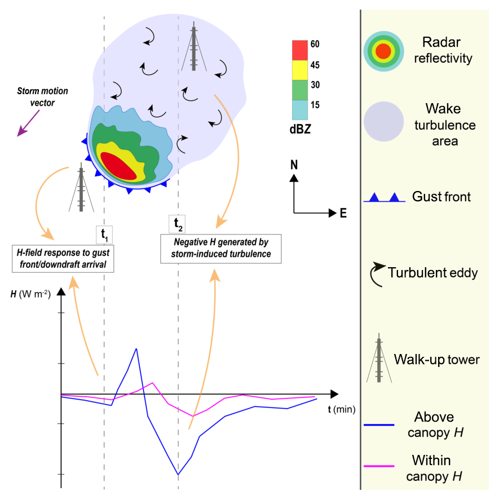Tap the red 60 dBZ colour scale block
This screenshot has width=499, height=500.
[299, 49]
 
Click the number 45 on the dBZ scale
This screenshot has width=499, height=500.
[315, 65]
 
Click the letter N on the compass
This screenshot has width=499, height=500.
[293, 165]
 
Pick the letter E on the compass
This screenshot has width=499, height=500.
[343, 214]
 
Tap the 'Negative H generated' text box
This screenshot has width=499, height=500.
[221, 249]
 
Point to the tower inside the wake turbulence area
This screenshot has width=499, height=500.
[194, 48]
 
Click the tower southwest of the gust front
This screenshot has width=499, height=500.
[81, 188]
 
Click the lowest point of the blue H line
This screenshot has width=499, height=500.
[178, 475]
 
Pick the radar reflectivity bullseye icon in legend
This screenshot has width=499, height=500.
[383, 51]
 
